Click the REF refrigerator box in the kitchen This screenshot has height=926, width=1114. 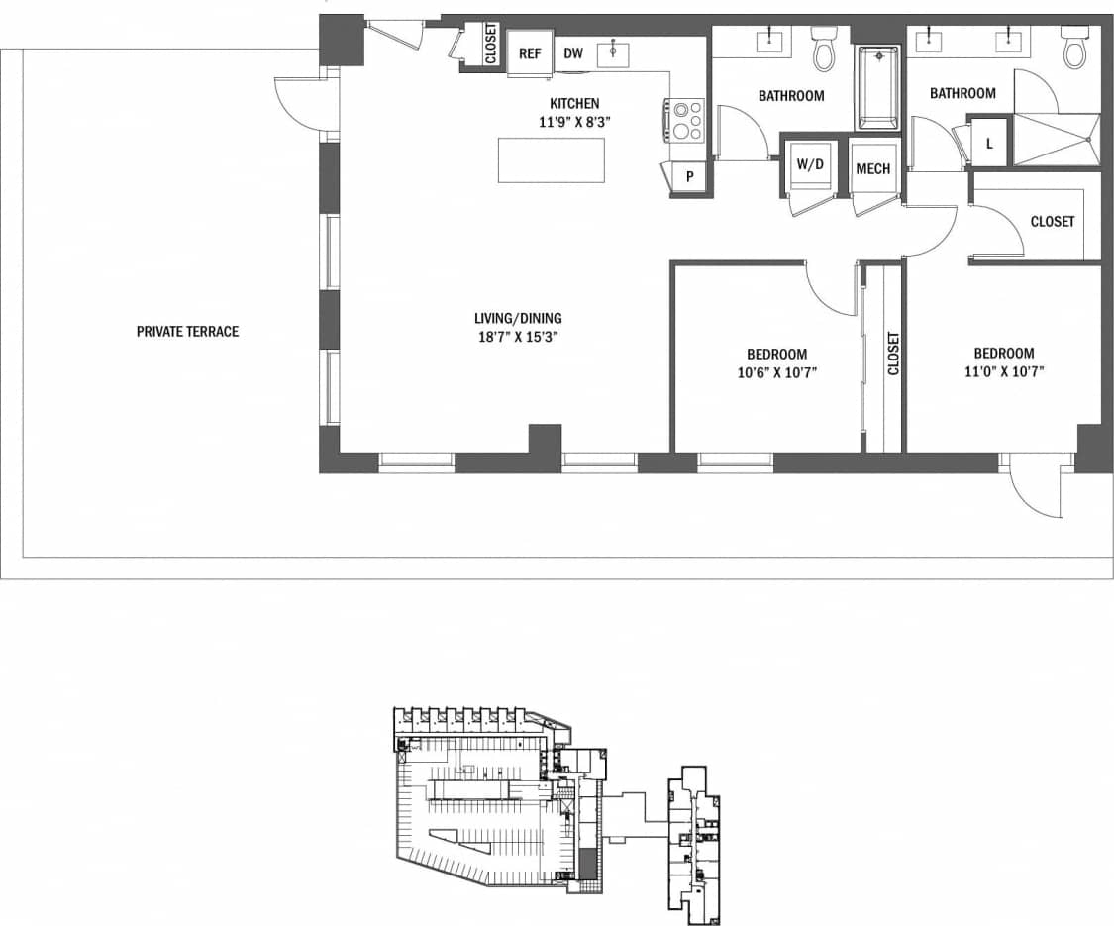pyautogui.click(x=530, y=53)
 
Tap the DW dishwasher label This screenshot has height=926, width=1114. pyautogui.click(x=573, y=53)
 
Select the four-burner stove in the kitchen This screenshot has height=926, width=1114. pyautogui.click(x=685, y=120)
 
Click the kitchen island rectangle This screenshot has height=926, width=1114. pyautogui.click(x=551, y=160)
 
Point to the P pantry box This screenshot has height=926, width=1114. pyautogui.click(x=690, y=177)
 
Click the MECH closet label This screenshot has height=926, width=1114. pyautogui.click(x=872, y=169)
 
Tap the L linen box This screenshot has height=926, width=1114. pyautogui.click(x=988, y=142)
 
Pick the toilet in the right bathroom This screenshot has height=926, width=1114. pyautogui.click(x=1073, y=47)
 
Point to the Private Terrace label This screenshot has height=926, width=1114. pyautogui.click(x=187, y=331)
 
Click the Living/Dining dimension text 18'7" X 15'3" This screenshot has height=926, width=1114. pyautogui.click(x=518, y=336)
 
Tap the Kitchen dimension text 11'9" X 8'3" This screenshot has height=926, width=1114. pyautogui.click(x=574, y=122)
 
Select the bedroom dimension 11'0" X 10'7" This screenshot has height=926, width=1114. pyautogui.click(x=1003, y=371)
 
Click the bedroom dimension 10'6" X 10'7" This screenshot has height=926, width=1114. pyautogui.click(x=775, y=372)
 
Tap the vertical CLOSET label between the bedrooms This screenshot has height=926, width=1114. pyautogui.click(x=893, y=353)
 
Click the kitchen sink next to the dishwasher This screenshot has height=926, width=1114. pyautogui.click(x=613, y=51)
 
